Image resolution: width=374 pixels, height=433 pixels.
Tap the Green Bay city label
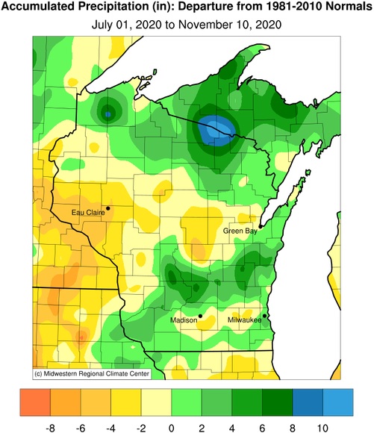240,231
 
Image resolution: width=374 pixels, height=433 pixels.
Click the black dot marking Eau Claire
108,208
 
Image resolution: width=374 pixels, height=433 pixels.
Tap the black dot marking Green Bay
260,225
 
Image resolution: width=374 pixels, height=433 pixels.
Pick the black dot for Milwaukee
265,316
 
